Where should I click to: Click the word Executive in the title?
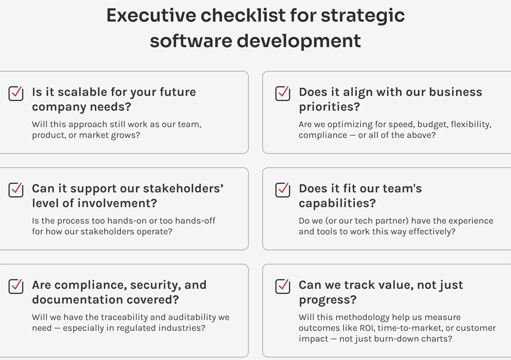pyautogui.click(x=151, y=15)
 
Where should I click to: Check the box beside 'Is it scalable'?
pyautogui.click(x=16, y=93)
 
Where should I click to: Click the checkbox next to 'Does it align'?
pyautogui.click(x=283, y=93)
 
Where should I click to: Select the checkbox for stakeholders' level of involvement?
pyautogui.click(x=16, y=190)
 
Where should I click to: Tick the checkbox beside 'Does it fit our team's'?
pyautogui.click(x=283, y=190)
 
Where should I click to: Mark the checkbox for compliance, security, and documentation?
pyautogui.click(x=16, y=286)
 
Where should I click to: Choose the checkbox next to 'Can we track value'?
pyautogui.click(x=283, y=286)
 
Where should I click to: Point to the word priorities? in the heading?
pyautogui.click(x=329, y=107)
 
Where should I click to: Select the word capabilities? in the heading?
pyautogui.click(x=337, y=204)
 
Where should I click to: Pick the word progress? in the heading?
pyautogui.click(x=328, y=300)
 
